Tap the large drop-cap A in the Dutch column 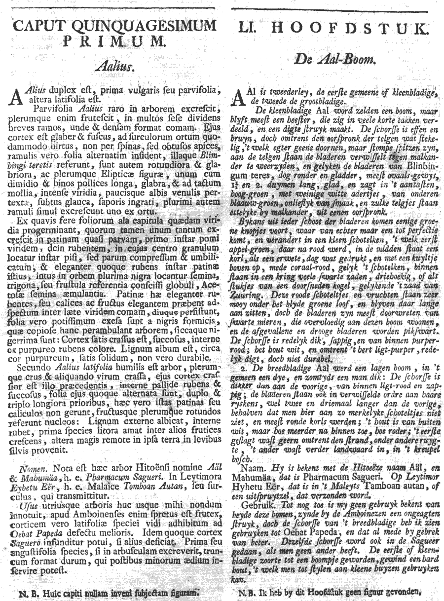pos(238,97)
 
